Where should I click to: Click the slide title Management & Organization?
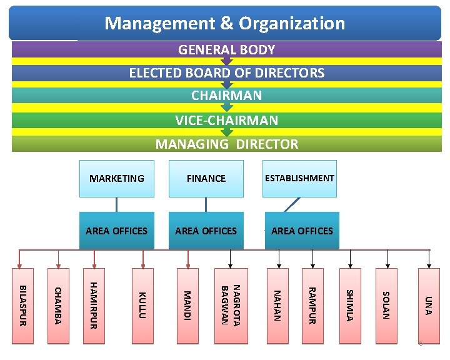point(225,24)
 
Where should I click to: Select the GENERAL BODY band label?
point(226,50)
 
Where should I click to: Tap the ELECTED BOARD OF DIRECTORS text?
point(226,73)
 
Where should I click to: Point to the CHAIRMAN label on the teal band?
point(226,96)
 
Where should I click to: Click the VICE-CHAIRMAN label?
point(226,120)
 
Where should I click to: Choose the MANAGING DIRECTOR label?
point(226,144)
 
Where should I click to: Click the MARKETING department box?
point(117,178)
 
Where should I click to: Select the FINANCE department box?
point(206,178)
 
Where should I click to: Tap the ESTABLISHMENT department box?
point(299,178)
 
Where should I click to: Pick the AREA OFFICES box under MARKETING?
point(117,231)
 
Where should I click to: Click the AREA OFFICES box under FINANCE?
point(206,231)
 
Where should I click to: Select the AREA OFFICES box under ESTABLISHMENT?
point(302,231)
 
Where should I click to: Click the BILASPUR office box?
point(23,306)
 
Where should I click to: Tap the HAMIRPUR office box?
point(94,306)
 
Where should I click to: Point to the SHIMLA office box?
point(350,306)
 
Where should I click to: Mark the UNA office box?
point(427,306)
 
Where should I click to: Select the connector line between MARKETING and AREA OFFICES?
point(116,204)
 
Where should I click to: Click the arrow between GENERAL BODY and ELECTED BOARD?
point(226,61)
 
